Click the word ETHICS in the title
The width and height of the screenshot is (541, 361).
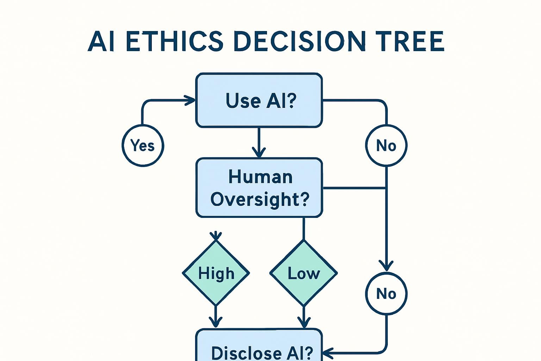tap(174, 41)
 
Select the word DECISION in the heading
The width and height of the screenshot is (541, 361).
tap(300, 41)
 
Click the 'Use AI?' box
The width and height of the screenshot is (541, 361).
tap(259, 100)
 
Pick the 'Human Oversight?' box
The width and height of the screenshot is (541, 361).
tap(259, 188)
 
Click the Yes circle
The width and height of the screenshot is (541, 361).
tap(143, 145)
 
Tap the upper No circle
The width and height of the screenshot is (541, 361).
tap(386, 145)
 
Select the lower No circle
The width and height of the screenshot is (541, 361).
tap(386, 293)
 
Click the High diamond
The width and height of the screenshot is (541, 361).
tap(216, 273)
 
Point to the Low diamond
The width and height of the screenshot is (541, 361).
tap(304, 273)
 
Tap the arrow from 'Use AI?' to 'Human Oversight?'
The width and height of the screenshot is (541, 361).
tap(259, 143)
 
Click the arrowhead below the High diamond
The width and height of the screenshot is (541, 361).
tap(216, 322)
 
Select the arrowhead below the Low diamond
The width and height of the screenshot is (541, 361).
tap(304, 322)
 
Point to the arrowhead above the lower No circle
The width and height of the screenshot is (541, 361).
tap(386, 265)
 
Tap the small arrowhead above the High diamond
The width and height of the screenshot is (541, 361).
tap(216, 235)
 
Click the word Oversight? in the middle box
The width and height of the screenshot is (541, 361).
tap(260, 199)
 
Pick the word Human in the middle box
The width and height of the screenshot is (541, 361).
tap(260, 177)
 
